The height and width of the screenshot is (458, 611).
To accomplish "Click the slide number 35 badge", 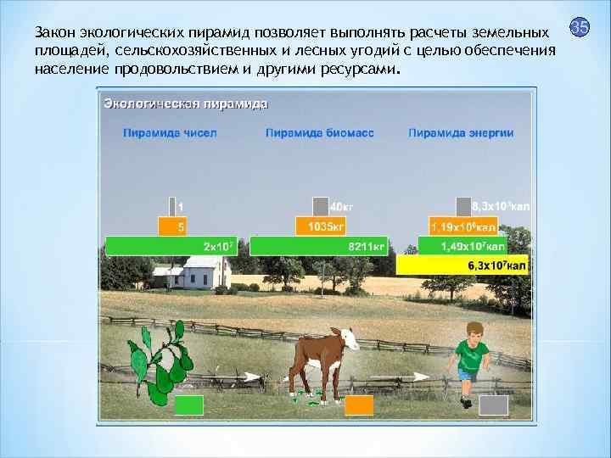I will tap(580, 28).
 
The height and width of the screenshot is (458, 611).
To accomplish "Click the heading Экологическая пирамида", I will tap(186, 104).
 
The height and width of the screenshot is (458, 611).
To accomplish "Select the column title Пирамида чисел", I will tap(170, 133).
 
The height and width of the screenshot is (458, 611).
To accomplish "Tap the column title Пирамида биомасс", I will tap(320, 133).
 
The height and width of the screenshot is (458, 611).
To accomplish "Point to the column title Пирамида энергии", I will tap(461, 133).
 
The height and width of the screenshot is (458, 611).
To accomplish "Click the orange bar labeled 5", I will tap(172, 226).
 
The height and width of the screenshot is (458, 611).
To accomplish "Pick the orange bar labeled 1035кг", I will tap(321, 226).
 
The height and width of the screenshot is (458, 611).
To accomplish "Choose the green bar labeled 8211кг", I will tap(319, 247).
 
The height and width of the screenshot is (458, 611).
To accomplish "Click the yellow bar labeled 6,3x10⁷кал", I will tap(462, 265).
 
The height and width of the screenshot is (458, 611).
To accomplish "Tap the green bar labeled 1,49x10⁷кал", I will tap(462, 247).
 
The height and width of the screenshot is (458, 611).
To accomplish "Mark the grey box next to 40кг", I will tap(320, 206).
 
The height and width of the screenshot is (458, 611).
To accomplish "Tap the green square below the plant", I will tap(188, 405).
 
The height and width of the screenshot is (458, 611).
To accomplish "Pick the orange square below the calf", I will tap(359, 405).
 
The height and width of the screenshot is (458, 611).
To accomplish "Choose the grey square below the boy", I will tap(493, 405).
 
